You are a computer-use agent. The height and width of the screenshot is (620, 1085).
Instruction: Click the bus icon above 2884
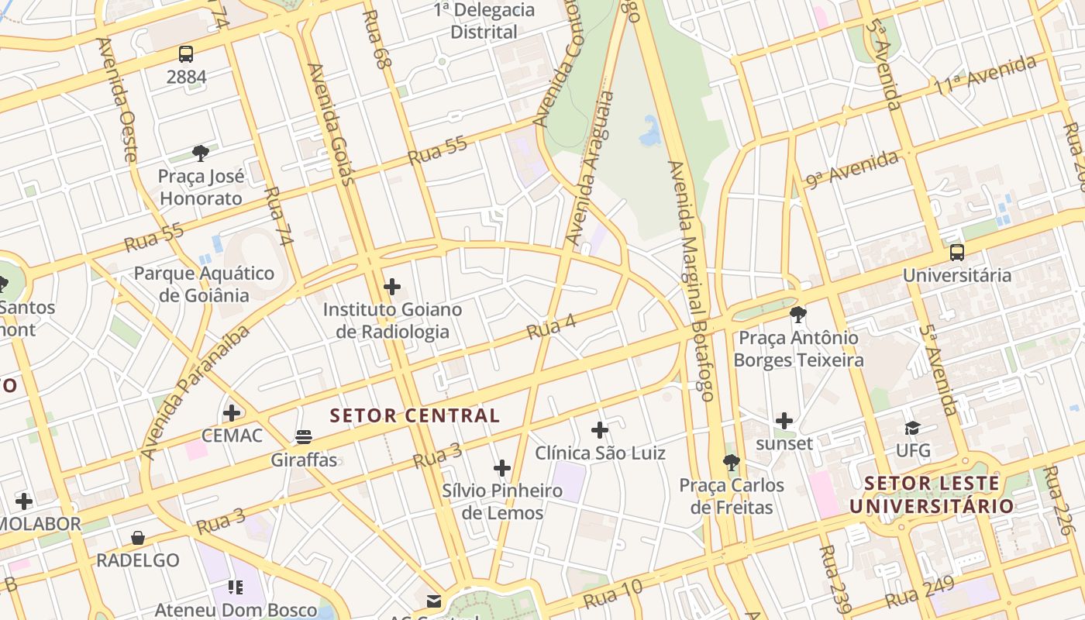(186, 54)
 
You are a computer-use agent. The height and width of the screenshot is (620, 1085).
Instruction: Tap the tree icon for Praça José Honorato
(201, 153)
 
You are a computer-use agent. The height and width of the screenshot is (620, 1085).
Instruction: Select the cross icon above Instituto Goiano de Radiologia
(392, 287)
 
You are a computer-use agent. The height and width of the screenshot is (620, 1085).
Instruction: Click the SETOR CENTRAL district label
(415, 415)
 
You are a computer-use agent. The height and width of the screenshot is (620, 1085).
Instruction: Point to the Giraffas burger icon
(304, 437)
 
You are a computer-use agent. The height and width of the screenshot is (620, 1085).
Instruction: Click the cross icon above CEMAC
(232, 412)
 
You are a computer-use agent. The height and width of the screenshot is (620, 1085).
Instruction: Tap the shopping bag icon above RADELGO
(138, 537)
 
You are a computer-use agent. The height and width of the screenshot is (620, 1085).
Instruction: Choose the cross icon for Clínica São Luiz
(600, 430)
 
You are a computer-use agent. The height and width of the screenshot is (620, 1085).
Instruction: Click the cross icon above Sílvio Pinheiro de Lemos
(502, 468)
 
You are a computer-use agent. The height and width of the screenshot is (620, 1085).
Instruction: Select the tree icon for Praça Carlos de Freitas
(731, 463)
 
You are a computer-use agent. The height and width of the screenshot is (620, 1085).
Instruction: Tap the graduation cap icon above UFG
(912, 428)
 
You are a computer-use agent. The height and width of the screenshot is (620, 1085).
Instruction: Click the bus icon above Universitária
(957, 252)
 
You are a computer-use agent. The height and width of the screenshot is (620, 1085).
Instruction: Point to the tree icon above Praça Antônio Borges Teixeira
(797, 315)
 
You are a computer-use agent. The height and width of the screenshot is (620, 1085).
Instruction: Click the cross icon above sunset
(784, 421)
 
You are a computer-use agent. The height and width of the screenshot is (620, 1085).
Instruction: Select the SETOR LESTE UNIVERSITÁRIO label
(932, 494)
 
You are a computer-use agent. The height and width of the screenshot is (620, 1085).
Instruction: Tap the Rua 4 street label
(551, 326)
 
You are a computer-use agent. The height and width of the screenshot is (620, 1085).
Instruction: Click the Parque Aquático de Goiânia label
(205, 284)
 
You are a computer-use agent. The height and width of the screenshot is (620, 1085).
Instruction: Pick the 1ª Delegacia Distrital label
(484, 21)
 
